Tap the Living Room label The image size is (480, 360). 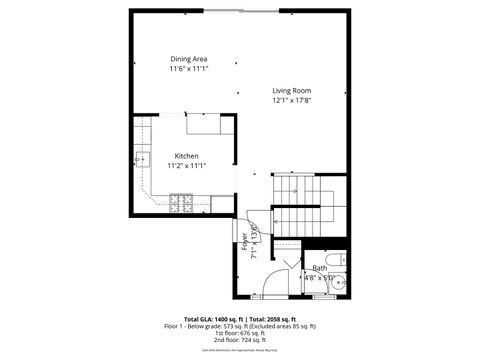[x=292, y=91]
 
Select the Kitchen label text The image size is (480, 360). [x=187, y=156]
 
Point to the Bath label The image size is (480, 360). [x=319, y=268]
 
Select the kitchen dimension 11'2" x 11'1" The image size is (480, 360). [x=187, y=166]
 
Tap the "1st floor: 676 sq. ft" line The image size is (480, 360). [x=240, y=334]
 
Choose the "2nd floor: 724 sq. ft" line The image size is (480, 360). [x=240, y=341]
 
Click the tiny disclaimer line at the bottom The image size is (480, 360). [x=240, y=352]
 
